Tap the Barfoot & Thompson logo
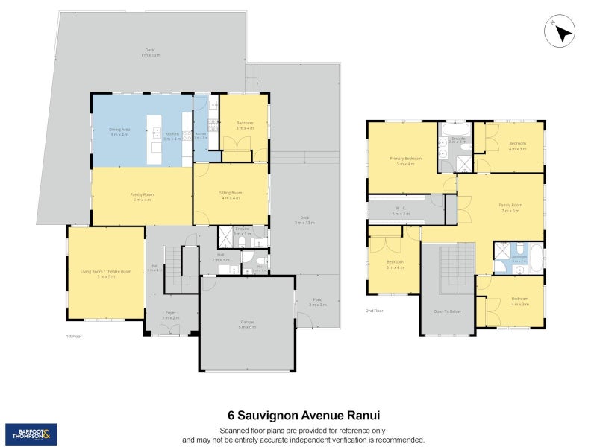(x=31, y=434)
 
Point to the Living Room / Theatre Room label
(x=105, y=273)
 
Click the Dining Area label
(x=119, y=131)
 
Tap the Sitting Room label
(x=231, y=194)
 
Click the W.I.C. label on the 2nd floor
(x=401, y=212)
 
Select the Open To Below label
(x=447, y=312)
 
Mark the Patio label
(x=318, y=303)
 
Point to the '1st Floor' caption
(x=74, y=337)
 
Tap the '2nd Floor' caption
(x=374, y=311)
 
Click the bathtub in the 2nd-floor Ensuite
(x=454, y=129)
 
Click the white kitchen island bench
(x=155, y=139)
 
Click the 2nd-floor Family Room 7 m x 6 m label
(x=510, y=206)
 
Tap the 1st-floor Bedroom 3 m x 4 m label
(x=245, y=124)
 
